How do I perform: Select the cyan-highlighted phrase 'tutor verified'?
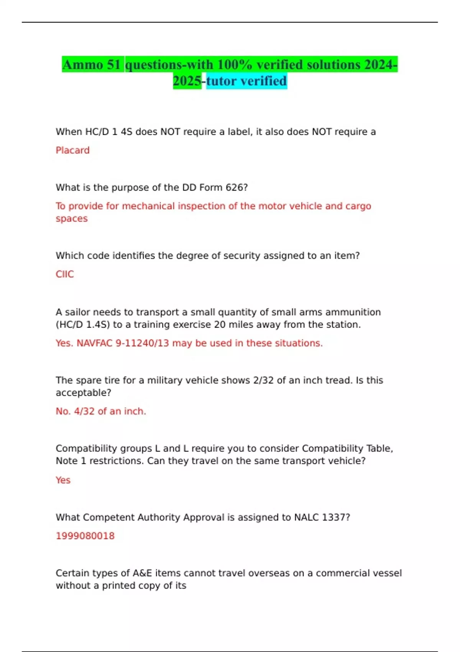(246, 81)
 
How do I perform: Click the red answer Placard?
(72, 150)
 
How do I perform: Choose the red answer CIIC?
(64, 274)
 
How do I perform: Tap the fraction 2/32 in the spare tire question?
(263, 380)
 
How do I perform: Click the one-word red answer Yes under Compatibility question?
(63, 480)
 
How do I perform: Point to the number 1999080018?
(85, 536)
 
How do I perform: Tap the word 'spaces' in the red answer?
(72, 219)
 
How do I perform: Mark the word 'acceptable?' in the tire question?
(83, 393)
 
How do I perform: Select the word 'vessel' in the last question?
(387, 573)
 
